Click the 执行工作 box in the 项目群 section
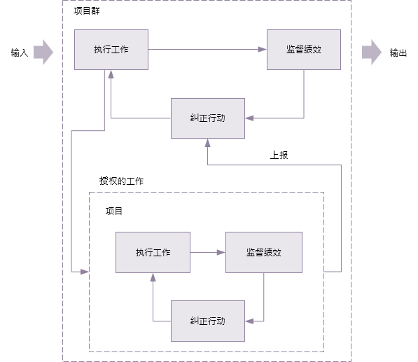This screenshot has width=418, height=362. (111, 50)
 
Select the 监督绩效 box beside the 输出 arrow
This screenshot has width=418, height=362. (304, 50)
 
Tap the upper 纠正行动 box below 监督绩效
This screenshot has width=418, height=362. (208, 118)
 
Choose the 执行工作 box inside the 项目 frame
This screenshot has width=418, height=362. (153, 252)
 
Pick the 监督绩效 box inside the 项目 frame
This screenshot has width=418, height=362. (264, 252)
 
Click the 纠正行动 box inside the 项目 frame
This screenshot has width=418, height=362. (208, 321)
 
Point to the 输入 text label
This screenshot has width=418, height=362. (20, 53)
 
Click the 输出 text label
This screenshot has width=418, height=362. (398, 53)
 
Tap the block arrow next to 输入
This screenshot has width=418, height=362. (43, 53)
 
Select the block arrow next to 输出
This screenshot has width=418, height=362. (372, 53)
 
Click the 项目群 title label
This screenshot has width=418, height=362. (87, 11)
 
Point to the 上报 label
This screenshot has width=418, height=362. (279, 155)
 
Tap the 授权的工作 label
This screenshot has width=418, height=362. (121, 181)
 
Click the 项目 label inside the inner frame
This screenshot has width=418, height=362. (114, 211)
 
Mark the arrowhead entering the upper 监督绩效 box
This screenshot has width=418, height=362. (263, 49)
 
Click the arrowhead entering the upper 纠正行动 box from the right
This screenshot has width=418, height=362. (249, 118)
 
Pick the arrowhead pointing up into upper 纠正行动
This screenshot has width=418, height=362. (208, 143)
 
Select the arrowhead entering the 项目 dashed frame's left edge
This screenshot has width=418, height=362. (85, 272)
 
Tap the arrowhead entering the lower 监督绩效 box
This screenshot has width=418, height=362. (221, 252)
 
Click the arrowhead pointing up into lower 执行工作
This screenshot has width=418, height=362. (153, 277)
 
